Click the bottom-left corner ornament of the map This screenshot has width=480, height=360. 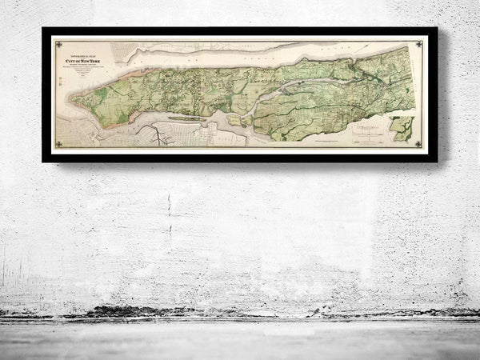click(x=58, y=144)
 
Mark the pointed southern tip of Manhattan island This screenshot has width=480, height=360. click(x=74, y=101)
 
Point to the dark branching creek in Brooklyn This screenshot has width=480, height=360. click(x=164, y=137)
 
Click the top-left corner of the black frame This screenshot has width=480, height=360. click(x=44, y=30)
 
